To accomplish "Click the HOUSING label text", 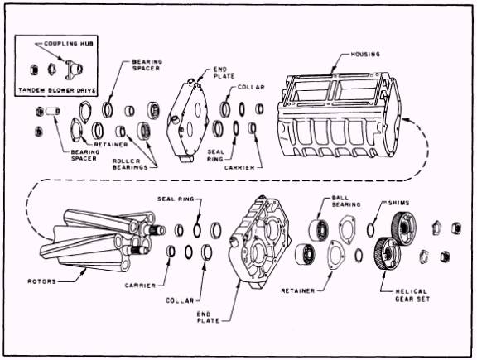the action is click(x=365, y=55).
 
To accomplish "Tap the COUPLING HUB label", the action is click(x=69, y=44).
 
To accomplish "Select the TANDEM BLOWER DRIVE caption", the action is click(x=57, y=90).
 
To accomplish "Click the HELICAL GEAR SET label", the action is click(x=412, y=295).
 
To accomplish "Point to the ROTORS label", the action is click(x=42, y=281).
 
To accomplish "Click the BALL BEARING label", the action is click(x=346, y=201).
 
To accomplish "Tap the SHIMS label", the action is click(x=398, y=203).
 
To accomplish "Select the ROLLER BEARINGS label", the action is click(x=130, y=164).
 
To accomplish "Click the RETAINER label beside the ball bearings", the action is click(x=298, y=291).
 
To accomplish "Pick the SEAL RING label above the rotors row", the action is click(x=176, y=199).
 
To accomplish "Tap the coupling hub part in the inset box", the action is click(x=74, y=68).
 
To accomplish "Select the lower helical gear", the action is click(x=388, y=253).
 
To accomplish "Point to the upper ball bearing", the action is click(x=319, y=229).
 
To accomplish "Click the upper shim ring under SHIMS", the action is click(x=371, y=229).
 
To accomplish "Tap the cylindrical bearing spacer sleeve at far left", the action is click(x=53, y=111).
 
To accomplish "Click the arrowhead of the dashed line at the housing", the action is click(x=404, y=119).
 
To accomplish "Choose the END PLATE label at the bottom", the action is click(x=209, y=317).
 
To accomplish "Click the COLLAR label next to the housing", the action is click(x=251, y=87).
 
